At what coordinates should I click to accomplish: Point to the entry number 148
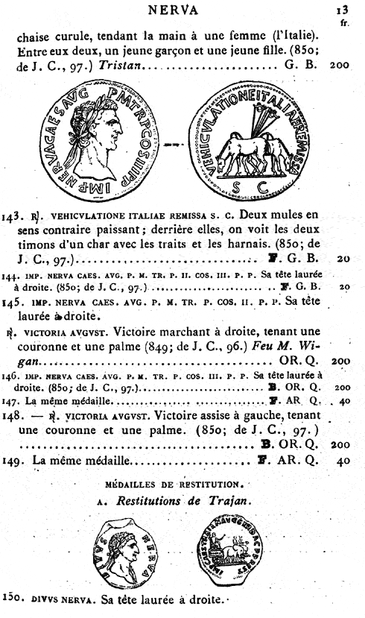coord(14,416)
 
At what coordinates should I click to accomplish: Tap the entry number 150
coord(14,600)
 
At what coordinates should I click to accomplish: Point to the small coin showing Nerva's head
coord(127,551)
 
